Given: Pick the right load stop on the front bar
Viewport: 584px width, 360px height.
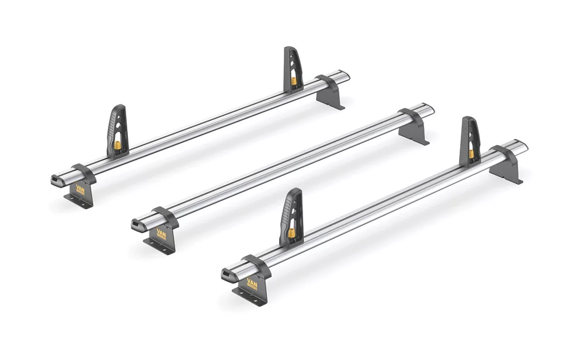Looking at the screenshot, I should (x=470, y=141).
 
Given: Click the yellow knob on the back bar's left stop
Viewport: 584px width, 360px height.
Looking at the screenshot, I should (x=117, y=144).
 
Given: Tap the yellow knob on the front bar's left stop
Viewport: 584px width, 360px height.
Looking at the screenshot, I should (x=291, y=233).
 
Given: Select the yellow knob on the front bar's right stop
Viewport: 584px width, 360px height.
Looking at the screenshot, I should (x=471, y=154).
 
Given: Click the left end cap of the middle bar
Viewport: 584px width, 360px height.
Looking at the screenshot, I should (x=138, y=226).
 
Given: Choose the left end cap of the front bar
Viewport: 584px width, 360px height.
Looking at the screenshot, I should (x=228, y=274).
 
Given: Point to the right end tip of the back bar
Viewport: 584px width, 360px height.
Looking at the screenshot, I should (x=346, y=76).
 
